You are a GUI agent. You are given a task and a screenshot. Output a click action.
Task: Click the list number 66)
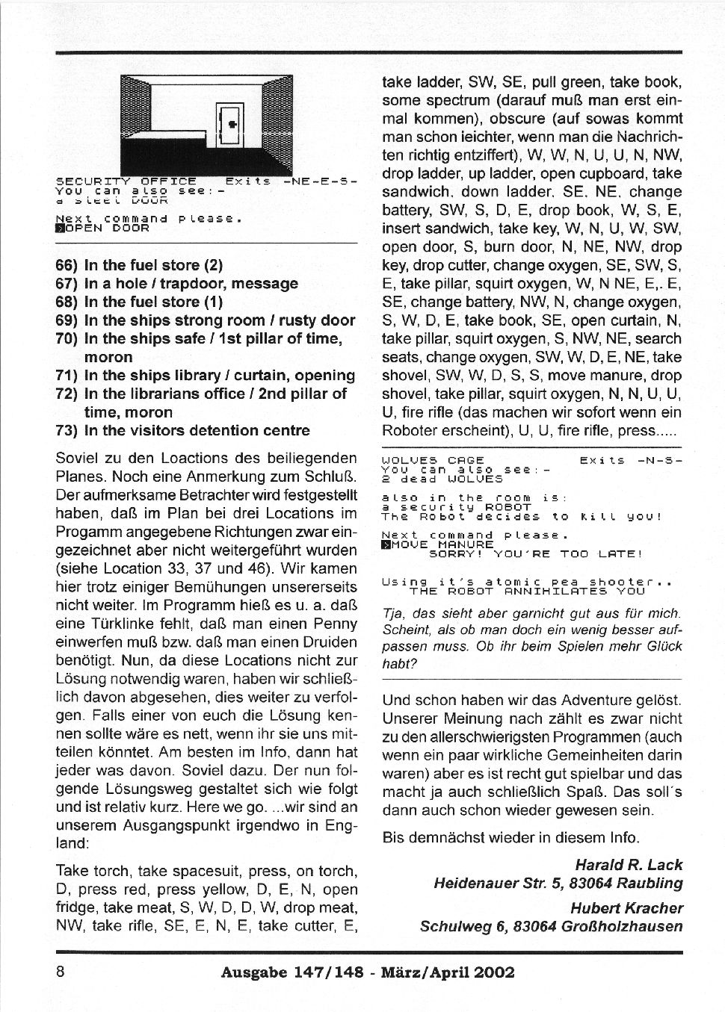coord(67,265)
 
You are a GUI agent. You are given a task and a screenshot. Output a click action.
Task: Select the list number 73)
coord(67,430)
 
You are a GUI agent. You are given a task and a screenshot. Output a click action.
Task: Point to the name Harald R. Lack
coord(629,865)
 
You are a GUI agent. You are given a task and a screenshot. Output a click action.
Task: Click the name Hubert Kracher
coord(626,908)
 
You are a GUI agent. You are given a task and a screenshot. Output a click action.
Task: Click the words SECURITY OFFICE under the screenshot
coord(126,181)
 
